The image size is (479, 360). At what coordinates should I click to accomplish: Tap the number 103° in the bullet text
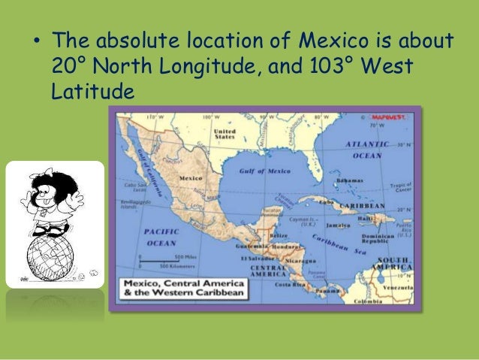point(327,65)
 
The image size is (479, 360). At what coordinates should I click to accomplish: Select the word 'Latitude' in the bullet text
point(92,92)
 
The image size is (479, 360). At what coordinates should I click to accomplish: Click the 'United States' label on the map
point(224,135)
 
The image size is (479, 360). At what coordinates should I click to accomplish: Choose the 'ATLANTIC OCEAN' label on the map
point(367,149)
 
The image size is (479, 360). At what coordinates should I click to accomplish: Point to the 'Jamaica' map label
point(339,225)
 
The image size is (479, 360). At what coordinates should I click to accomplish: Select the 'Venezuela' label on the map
point(400,287)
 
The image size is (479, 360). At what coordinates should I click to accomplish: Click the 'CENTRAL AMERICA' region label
point(267,271)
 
